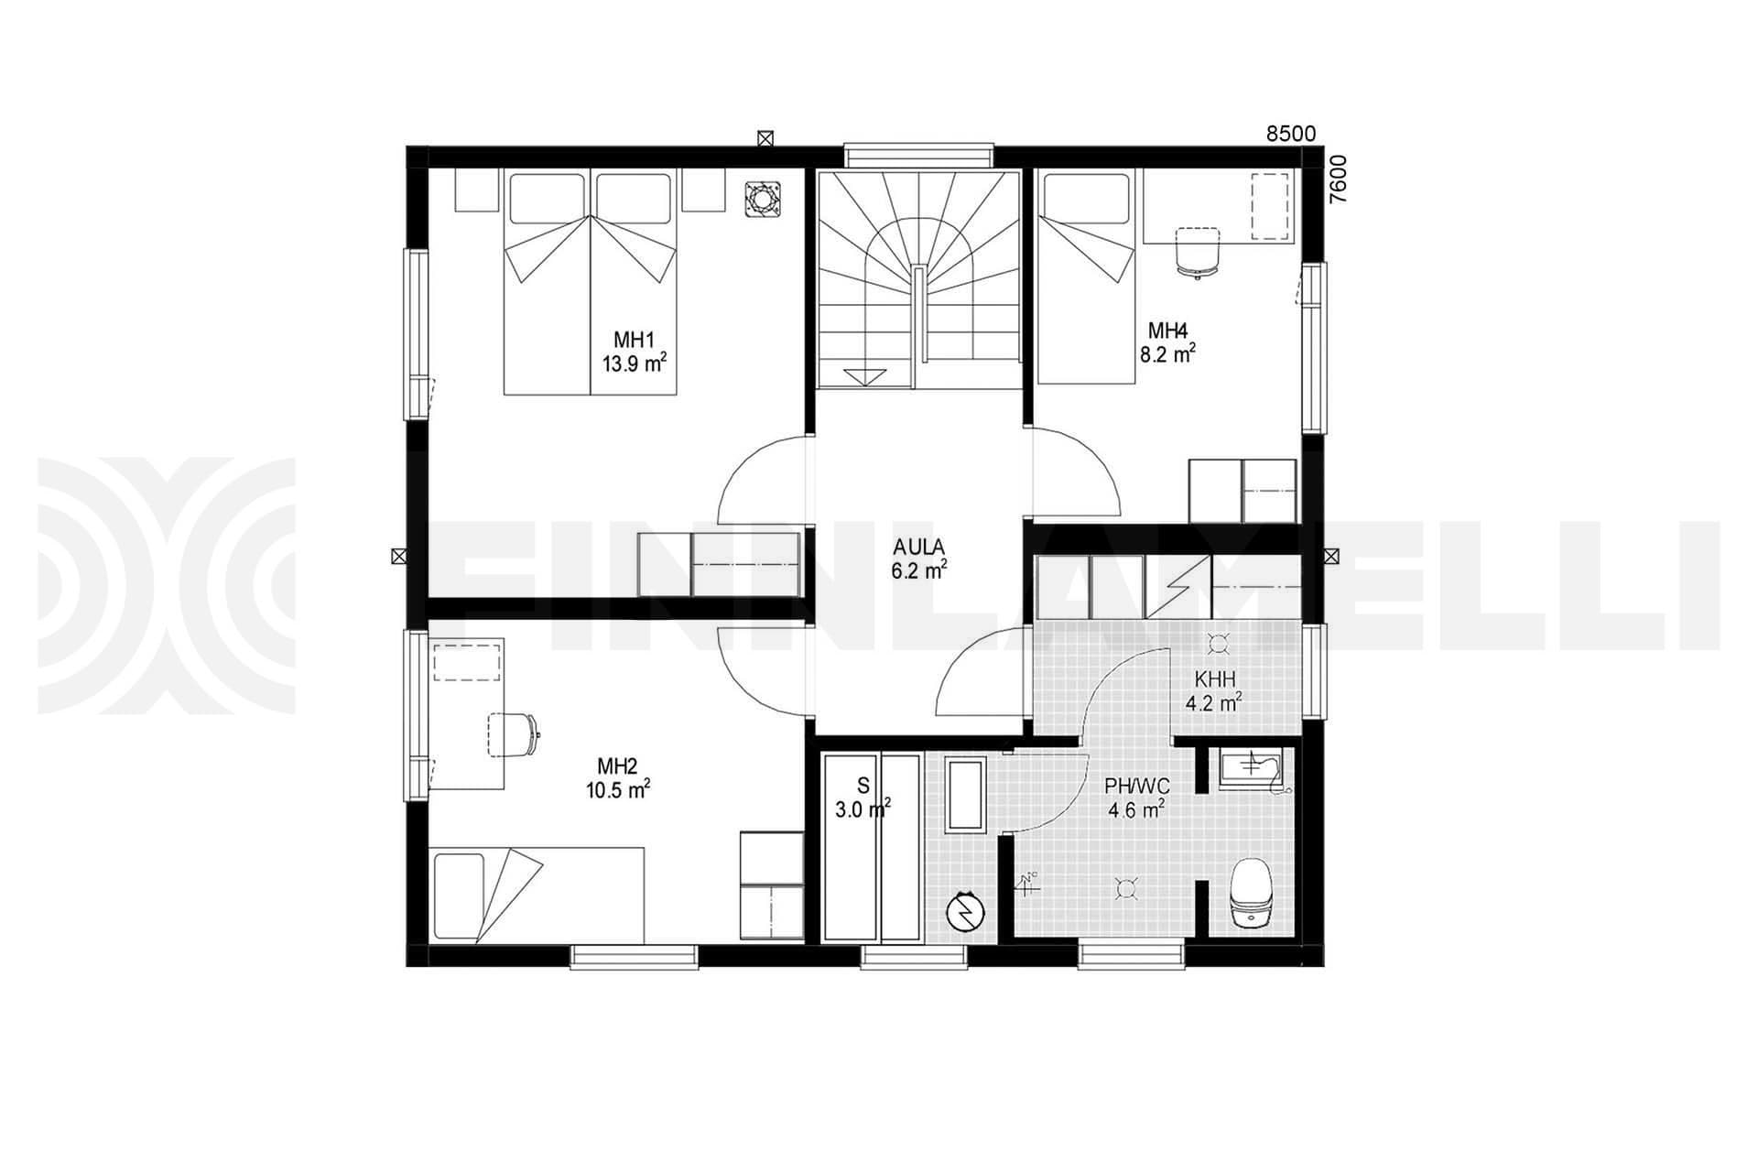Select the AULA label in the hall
click(919, 548)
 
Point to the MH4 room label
click(1167, 331)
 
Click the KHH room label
click(1214, 679)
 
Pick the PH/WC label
click(1136, 786)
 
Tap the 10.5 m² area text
click(619, 788)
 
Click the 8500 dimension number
click(1290, 134)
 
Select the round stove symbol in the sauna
click(965, 911)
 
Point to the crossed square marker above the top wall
click(765, 138)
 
